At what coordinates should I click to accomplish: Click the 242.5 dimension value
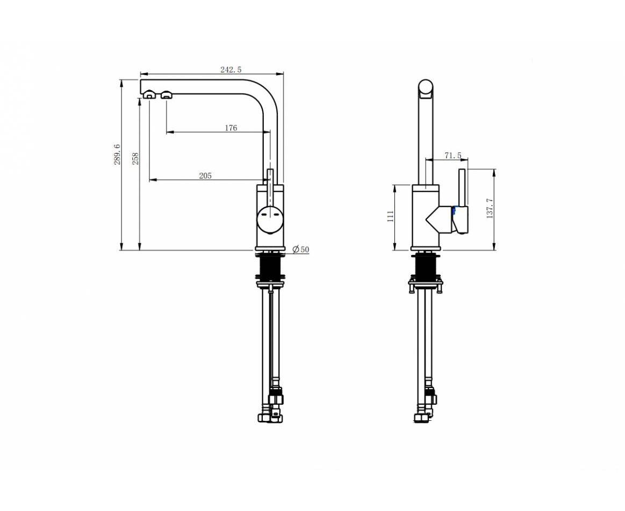click(231, 69)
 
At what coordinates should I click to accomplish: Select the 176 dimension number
click(231, 128)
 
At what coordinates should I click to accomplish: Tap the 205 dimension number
click(205, 176)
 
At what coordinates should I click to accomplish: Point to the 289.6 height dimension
click(117, 155)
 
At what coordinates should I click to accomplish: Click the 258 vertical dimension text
click(135, 158)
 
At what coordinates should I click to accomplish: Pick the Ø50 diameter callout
click(301, 250)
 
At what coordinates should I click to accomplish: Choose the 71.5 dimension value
click(453, 155)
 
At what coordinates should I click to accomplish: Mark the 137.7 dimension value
click(490, 208)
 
